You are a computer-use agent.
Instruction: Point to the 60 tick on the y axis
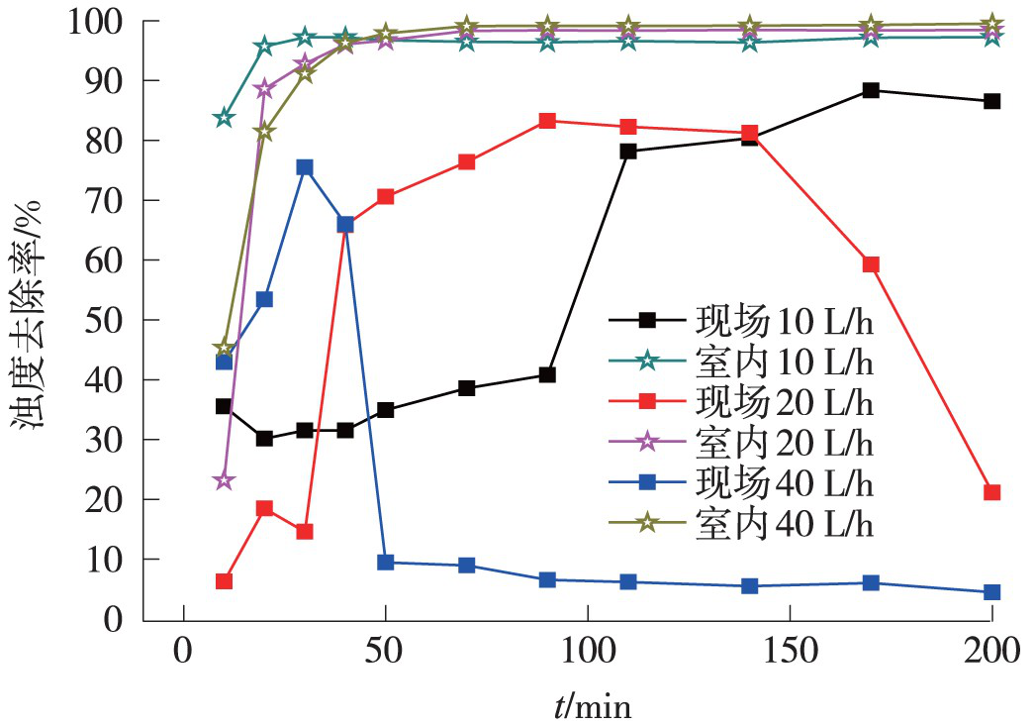111,260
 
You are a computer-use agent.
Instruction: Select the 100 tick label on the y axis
101,21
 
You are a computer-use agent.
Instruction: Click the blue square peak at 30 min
305,167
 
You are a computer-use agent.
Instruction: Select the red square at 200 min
991,492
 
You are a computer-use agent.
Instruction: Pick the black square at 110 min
628,152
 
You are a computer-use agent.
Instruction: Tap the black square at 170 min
871,90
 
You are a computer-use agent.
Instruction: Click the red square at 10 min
224,581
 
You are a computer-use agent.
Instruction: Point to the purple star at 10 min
224,480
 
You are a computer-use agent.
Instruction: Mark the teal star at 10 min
224,118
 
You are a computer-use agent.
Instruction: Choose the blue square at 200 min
991,592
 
